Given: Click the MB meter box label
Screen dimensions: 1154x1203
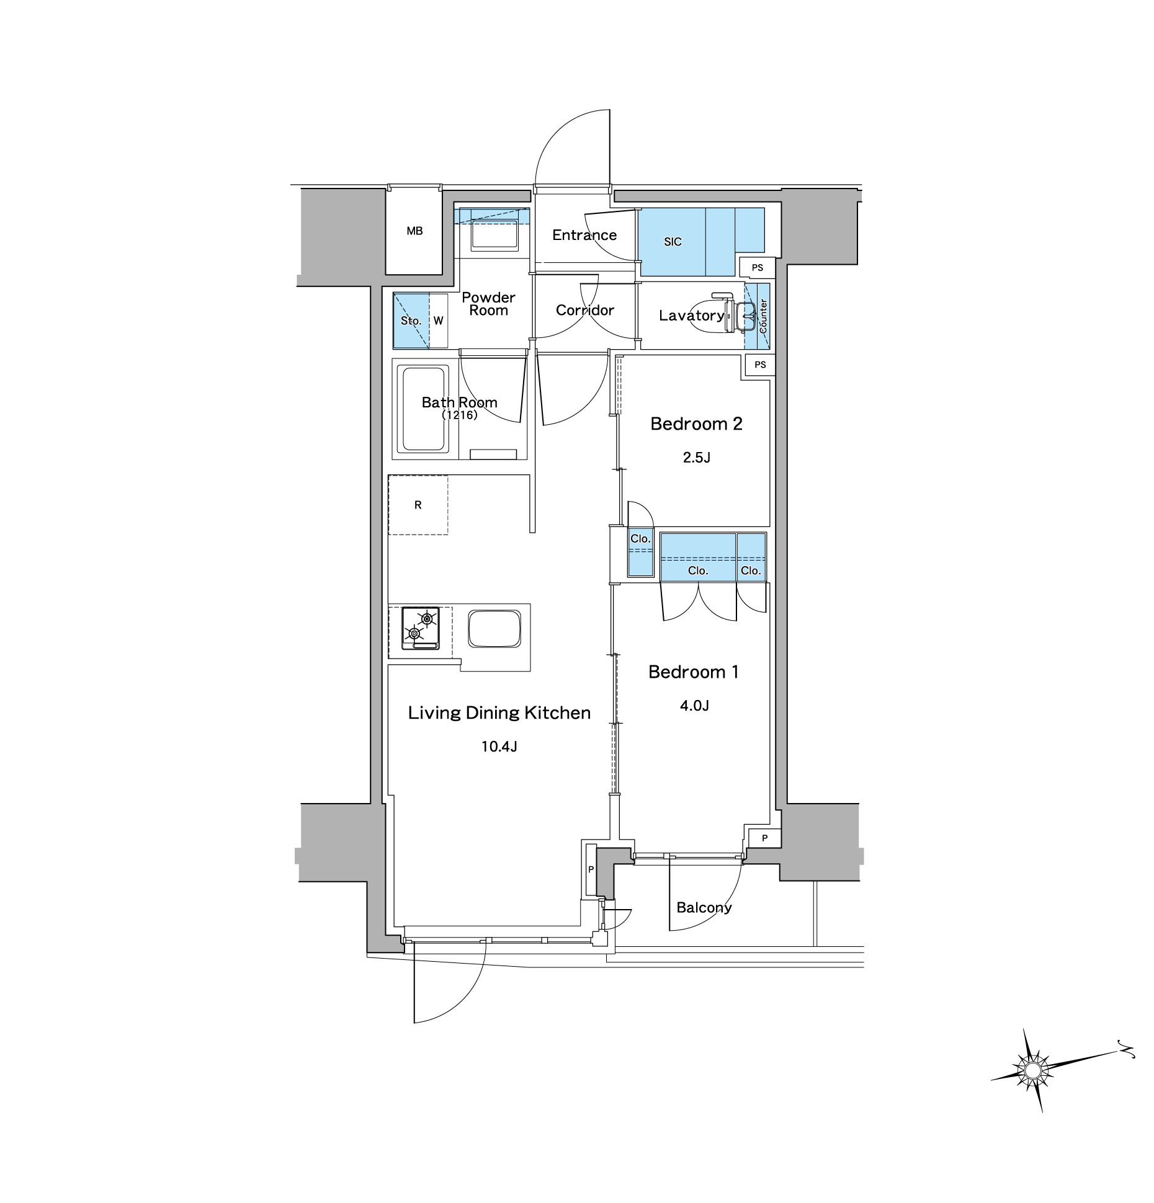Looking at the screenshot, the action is tap(414, 231).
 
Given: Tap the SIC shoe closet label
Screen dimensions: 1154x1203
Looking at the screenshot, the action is tap(673, 242).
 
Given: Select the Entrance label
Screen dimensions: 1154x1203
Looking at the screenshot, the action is tap(584, 235).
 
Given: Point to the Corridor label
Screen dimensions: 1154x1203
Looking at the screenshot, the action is tap(585, 310).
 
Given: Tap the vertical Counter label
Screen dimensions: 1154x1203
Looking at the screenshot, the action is tap(763, 316).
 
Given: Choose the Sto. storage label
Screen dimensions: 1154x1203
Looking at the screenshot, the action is tap(411, 321).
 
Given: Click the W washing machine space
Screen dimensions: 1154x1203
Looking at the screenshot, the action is tap(439, 321).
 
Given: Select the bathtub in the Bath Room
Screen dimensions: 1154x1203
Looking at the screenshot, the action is tap(425, 409).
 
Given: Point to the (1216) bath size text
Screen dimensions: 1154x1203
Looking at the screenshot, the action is tap(460, 415).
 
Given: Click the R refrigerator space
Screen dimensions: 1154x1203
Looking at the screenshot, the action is tap(418, 505).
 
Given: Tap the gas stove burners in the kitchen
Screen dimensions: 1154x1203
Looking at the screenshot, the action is tap(421, 628).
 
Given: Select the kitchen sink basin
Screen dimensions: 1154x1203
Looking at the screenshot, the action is tap(494, 628).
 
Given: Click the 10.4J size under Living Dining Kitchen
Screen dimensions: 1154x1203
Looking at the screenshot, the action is tap(499, 747).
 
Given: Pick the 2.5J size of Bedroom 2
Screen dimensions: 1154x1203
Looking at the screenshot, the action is tap(696, 458).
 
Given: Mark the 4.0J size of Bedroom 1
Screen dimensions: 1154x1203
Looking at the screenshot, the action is tap(694, 706).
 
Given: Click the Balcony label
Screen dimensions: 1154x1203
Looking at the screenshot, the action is tap(704, 908).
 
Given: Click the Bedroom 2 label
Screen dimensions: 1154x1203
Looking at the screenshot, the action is tap(696, 424).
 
